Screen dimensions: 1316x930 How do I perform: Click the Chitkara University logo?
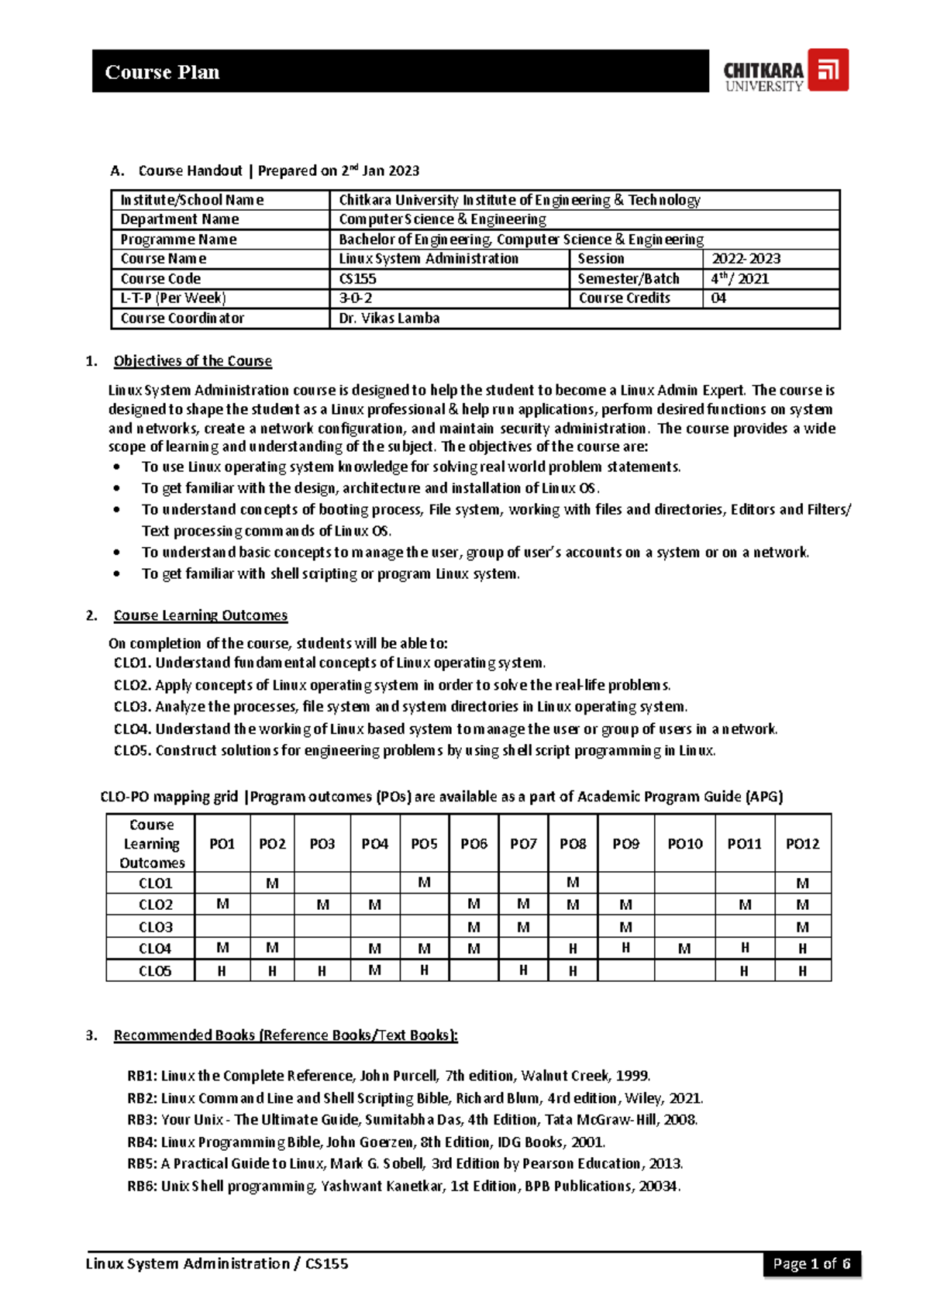click(x=785, y=71)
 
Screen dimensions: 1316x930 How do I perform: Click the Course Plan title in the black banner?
click(x=162, y=72)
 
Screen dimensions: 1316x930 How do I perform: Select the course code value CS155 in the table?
click(x=357, y=279)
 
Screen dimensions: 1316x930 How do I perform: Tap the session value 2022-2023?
click(x=746, y=259)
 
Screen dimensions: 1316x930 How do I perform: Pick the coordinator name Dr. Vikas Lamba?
click(x=389, y=319)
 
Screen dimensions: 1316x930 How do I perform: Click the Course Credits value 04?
click(x=718, y=298)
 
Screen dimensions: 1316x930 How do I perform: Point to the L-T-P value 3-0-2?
click(x=356, y=298)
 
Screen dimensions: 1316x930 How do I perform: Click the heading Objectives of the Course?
click(x=192, y=361)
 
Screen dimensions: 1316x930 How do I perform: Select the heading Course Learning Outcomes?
click(x=200, y=615)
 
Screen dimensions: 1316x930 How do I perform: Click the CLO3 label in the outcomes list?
click(x=133, y=707)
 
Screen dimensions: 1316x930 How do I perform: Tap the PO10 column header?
click(x=684, y=844)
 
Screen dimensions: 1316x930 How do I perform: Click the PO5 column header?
click(x=424, y=844)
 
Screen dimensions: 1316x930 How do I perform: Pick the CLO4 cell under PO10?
click(x=684, y=949)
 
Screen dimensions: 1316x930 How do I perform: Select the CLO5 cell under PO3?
click(x=322, y=971)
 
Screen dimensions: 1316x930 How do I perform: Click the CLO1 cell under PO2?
click(x=272, y=883)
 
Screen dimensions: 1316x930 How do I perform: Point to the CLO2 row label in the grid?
click(x=155, y=905)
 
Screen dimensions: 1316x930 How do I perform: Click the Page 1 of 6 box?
click(x=811, y=1264)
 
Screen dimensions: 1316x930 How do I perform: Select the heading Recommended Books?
click(x=285, y=1035)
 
